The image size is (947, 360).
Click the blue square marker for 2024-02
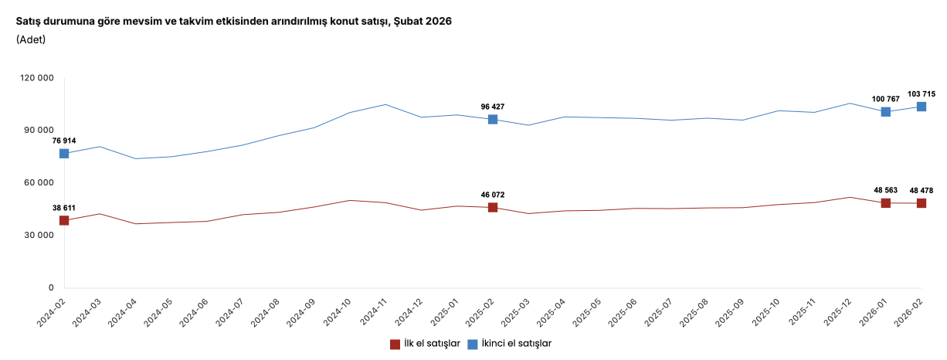coord(64,154)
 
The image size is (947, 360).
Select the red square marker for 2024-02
coord(64,221)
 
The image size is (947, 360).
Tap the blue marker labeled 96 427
coord(493,120)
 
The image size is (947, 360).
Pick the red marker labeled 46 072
coord(493,208)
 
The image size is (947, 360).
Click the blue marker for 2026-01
coord(886,112)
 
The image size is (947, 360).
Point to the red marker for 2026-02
coord(922,203)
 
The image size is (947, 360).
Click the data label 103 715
coord(922,93)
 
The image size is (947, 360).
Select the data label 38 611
coord(64,208)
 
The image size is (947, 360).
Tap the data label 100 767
coord(886,99)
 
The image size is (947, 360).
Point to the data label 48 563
coord(886,191)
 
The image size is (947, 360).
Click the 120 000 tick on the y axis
coord(37,78)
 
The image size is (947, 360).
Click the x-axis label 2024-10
coord(338,314)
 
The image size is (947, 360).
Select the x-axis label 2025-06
coord(624,314)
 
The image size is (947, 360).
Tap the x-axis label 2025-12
coord(838,314)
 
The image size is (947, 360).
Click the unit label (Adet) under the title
coord(31,39)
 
